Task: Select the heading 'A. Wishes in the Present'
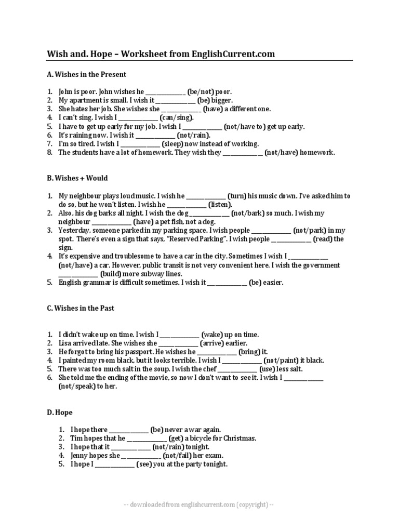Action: coord(86,74)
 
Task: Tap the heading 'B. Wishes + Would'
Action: coord(77,178)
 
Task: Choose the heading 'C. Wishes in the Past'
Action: coord(81,308)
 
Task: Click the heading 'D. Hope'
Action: coord(60,413)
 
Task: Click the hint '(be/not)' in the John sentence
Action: coord(201,91)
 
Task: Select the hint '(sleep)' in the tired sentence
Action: coord(172,144)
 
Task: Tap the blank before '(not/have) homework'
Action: coord(243,153)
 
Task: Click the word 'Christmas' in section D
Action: coord(238,438)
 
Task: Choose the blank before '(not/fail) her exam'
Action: coord(141,456)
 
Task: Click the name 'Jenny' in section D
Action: coord(81,456)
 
